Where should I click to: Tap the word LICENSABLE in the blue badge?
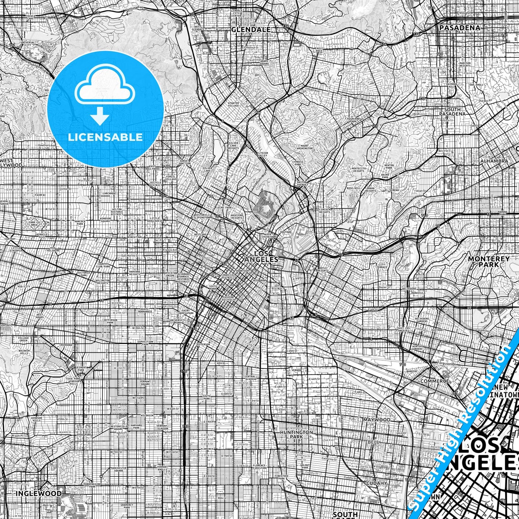(105, 137)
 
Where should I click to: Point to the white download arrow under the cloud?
(101, 116)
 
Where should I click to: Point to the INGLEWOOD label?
(38, 493)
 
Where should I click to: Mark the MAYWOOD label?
(376, 420)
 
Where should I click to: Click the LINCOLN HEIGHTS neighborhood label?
(325, 210)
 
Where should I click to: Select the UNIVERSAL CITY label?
(28, 44)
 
